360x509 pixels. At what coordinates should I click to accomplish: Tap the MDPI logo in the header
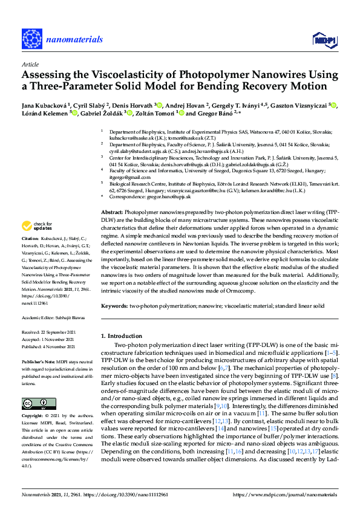(324, 40)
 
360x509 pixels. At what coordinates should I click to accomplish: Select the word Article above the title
(30, 64)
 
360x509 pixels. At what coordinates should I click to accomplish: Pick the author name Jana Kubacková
(44, 105)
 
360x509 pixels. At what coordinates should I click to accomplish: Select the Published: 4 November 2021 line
(50, 346)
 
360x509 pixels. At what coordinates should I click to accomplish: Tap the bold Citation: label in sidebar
(31, 256)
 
